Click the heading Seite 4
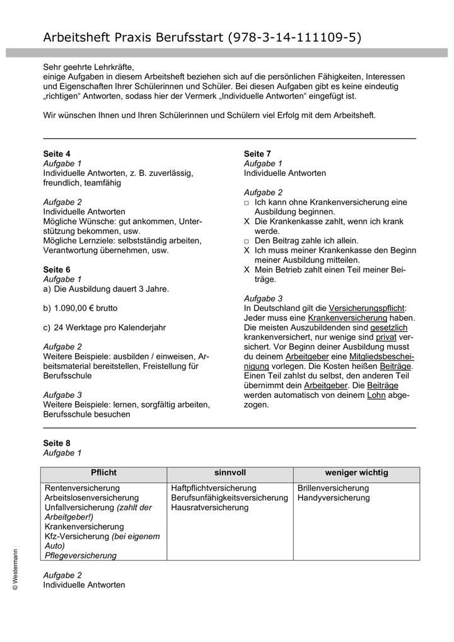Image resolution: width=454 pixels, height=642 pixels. (x=57, y=154)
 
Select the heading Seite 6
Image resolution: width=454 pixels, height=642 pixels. (x=57, y=270)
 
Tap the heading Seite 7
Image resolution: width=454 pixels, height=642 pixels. (x=257, y=154)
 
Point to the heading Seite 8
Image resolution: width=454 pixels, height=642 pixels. (x=57, y=443)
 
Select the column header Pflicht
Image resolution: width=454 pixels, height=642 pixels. (x=103, y=472)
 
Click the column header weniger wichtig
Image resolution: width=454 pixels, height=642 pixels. (x=356, y=472)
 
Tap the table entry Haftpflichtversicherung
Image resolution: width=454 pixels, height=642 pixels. (x=214, y=488)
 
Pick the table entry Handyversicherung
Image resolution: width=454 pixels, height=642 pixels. (x=334, y=498)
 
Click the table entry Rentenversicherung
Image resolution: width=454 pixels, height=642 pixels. (x=82, y=488)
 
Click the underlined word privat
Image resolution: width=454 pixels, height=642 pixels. (x=386, y=337)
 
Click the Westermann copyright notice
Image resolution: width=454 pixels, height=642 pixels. (x=15, y=569)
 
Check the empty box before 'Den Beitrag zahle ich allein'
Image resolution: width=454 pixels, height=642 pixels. (x=247, y=241)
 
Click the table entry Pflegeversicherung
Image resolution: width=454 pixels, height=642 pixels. (x=81, y=556)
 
